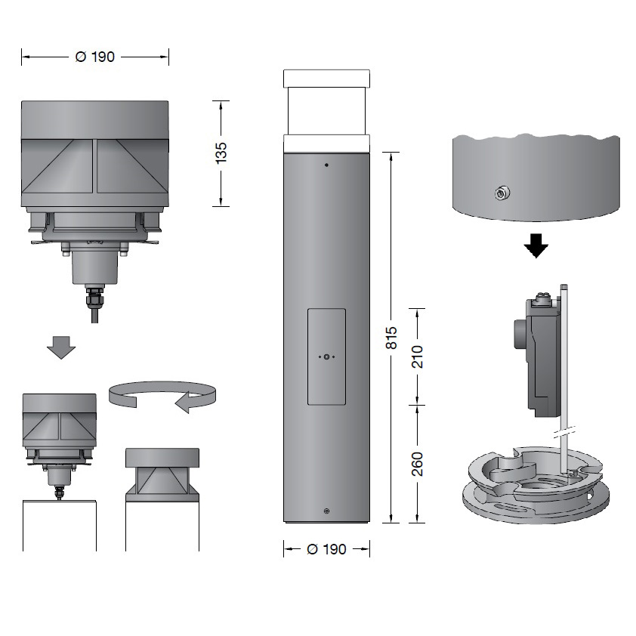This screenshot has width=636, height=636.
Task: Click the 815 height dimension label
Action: [x=391, y=338]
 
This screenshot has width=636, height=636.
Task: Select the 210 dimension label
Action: [x=417, y=357]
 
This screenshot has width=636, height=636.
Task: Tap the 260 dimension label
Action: [x=417, y=464]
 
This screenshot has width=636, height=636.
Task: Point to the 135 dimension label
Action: [x=221, y=153]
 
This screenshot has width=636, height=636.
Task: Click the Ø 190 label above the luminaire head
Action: [x=95, y=57]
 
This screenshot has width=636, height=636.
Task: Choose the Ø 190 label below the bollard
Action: [x=326, y=549]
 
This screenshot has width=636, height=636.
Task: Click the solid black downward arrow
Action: [x=536, y=245]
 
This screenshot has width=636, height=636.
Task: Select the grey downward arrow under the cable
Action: [x=61, y=347]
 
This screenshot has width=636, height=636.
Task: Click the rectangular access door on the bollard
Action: [x=326, y=357]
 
